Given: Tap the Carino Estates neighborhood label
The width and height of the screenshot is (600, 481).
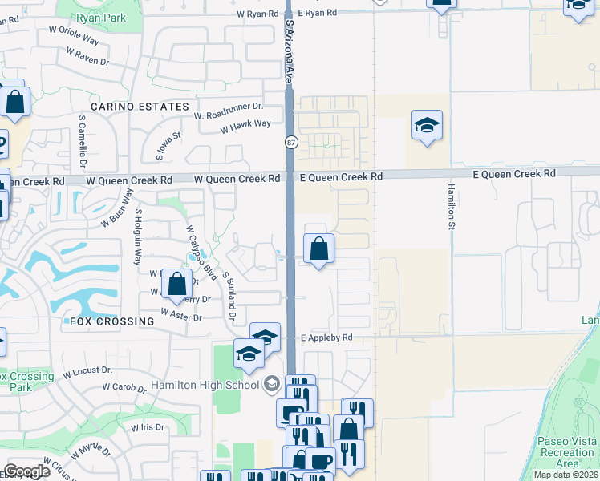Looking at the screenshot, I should click(140, 107).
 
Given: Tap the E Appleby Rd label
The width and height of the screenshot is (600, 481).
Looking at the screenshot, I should click(326, 338).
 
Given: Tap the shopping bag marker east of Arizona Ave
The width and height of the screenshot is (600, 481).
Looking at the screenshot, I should click(319, 249).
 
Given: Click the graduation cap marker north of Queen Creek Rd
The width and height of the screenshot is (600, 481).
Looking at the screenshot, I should click(427, 125).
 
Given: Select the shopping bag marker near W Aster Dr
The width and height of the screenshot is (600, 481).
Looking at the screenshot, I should click(176, 283).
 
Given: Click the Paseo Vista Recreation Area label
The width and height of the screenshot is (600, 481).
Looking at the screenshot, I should click(566, 453).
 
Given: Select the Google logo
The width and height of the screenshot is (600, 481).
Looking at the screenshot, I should click(27, 471).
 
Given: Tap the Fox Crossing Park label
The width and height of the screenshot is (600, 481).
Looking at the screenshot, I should click(27, 382).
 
